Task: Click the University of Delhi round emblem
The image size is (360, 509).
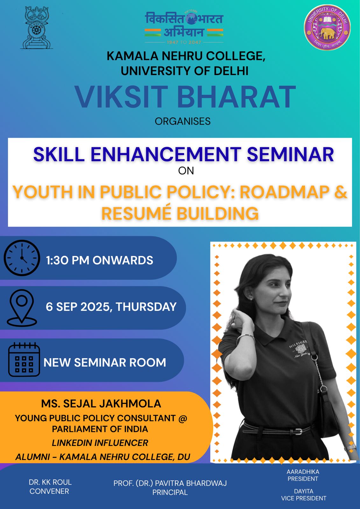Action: click(x=327, y=27)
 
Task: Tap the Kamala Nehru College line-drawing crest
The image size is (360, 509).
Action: click(x=36, y=28)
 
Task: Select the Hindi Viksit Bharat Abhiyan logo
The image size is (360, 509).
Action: click(x=184, y=27)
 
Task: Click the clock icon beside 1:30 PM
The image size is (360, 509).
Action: click(x=22, y=258)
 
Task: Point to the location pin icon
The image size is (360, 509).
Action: click(x=22, y=307)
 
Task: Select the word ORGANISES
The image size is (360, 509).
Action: click(x=183, y=121)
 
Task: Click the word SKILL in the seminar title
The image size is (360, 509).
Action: click(x=59, y=154)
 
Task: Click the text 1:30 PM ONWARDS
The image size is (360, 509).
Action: click(x=100, y=260)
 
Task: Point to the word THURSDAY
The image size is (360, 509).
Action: click(x=146, y=307)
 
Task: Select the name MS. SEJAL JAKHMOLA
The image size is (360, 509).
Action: click(x=101, y=404)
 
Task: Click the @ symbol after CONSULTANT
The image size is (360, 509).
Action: click(x=183, y=418)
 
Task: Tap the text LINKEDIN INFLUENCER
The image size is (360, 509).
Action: click(x=100, y=443)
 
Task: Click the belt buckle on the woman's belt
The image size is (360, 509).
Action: click(x=300, y=431)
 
